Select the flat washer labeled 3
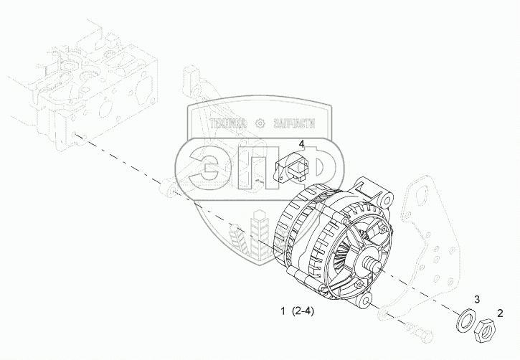(x=466, y=320)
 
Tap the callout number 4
(x=301, y=144)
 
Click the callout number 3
(x=476, y=299)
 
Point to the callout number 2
(x=499, y=313)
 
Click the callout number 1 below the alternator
(x=283, y=311)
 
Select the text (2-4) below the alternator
(x=303, y=311)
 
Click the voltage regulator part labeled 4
(x=290, y=168)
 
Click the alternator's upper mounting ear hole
(x=387, y=200)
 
